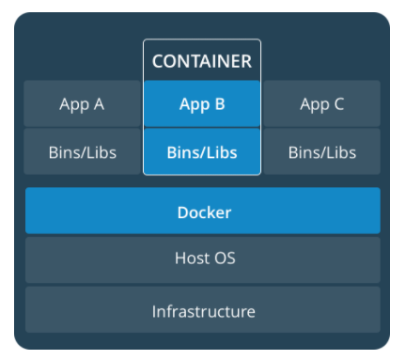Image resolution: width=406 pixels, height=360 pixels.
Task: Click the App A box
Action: (82, 103)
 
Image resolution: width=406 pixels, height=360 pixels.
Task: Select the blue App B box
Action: (202, 103)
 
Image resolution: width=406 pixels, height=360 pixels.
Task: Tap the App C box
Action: (321, 103)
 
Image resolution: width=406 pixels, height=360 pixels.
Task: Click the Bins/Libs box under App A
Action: (82, 151)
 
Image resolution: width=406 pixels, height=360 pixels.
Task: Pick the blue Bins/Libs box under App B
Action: (202, 151)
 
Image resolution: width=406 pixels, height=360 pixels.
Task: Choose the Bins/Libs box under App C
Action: (321, 151)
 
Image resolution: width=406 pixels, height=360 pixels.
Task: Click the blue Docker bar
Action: (203, 211)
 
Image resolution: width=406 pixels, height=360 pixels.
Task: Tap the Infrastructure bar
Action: (203, 310)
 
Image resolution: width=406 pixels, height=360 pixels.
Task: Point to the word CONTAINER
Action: (202, 62)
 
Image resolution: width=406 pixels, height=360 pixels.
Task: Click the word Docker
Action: (204, 212)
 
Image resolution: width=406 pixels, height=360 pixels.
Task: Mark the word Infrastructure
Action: (203, 311)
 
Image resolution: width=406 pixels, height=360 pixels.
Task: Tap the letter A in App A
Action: (99, 104)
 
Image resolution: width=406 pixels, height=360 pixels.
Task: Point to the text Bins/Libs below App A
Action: (82, 152)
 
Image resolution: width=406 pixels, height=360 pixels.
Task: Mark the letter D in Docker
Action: (182, 212)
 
